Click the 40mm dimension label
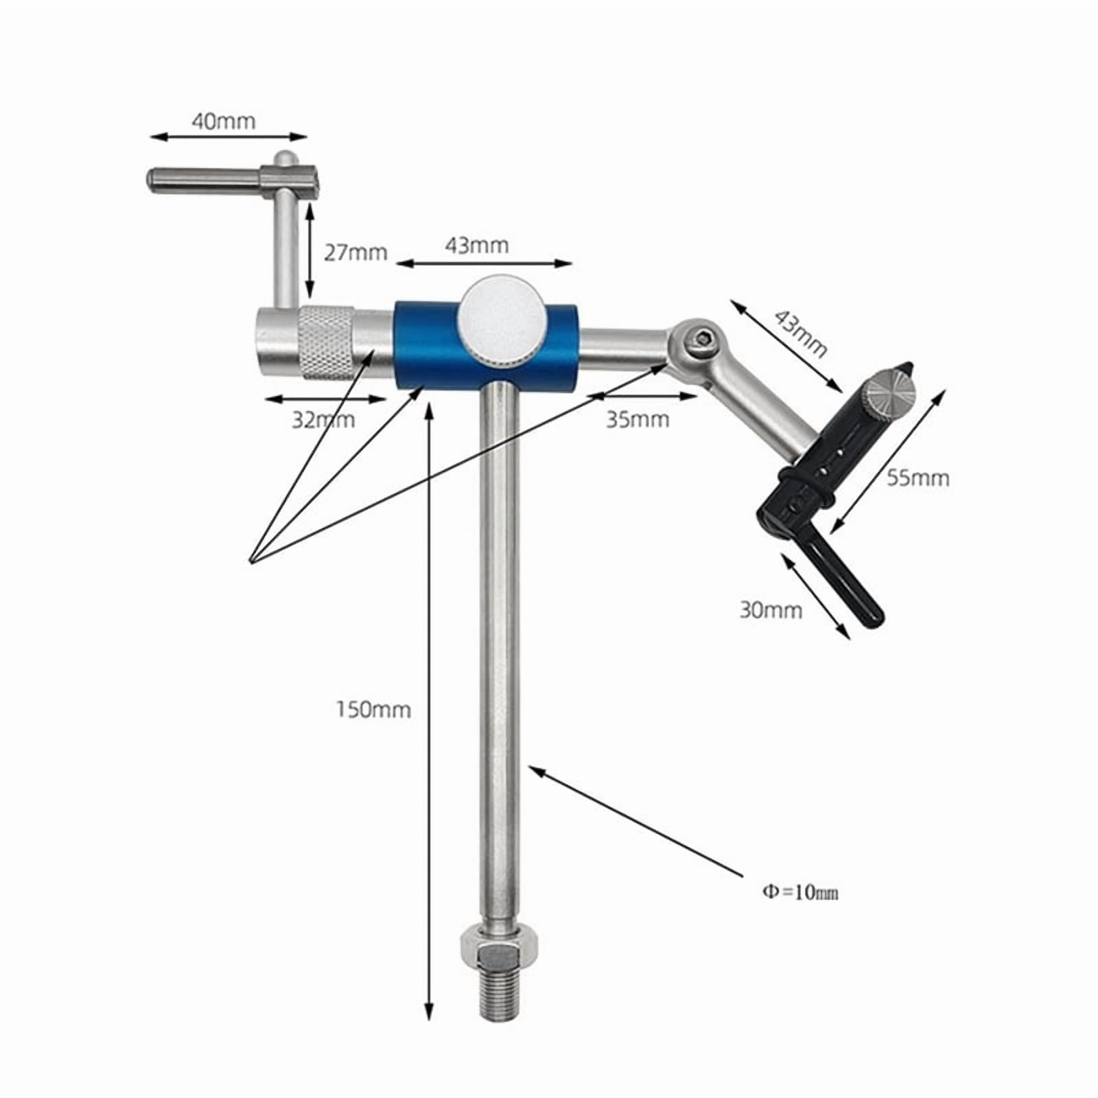(223, 121)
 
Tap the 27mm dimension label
(355, 253)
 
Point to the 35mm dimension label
(638, 419)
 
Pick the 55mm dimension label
(918, 478)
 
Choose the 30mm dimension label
(771, 609)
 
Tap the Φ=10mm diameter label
(799, 892)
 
